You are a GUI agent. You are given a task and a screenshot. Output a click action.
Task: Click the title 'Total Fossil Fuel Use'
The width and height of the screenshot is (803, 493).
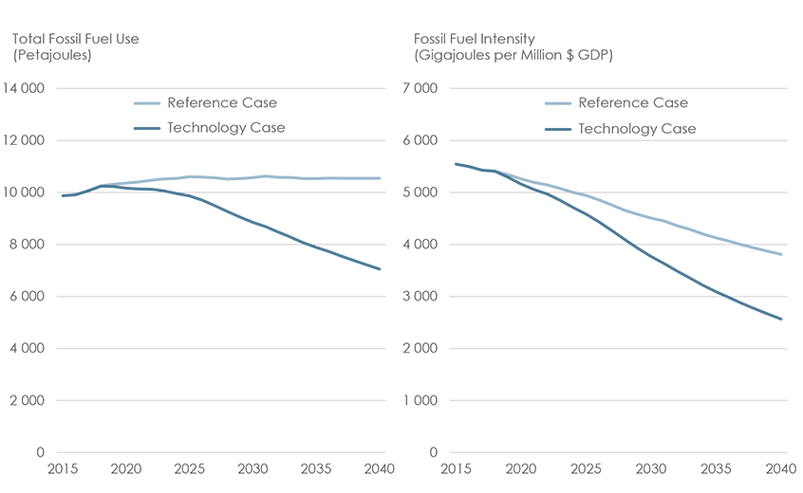(82, 39)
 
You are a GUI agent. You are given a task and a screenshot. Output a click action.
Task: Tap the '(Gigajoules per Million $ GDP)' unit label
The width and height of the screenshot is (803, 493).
(514, 56)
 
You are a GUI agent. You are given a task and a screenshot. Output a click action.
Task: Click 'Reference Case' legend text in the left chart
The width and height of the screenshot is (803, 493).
(222, 102)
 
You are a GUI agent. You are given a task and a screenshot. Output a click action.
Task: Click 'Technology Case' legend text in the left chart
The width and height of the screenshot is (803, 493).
(226, 128)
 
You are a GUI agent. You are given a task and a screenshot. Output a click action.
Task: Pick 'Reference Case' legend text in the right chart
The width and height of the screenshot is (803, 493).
(633, 102)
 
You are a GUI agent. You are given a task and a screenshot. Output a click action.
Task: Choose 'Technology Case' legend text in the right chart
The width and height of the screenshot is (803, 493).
(637, 128)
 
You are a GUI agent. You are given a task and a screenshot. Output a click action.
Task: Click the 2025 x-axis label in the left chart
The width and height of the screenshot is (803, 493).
(188, 469)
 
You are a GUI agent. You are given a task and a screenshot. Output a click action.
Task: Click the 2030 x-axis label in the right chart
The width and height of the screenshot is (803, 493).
(649, 469)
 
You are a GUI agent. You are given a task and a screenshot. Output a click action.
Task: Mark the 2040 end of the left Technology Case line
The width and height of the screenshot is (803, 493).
(381, 269)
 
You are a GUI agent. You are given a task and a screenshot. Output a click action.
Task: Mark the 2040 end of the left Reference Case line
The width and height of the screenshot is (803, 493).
(381, 178)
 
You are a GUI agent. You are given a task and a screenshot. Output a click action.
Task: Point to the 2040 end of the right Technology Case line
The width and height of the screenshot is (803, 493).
(781, 320)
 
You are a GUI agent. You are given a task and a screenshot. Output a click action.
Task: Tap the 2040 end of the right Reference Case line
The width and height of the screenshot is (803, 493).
(781, 255)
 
